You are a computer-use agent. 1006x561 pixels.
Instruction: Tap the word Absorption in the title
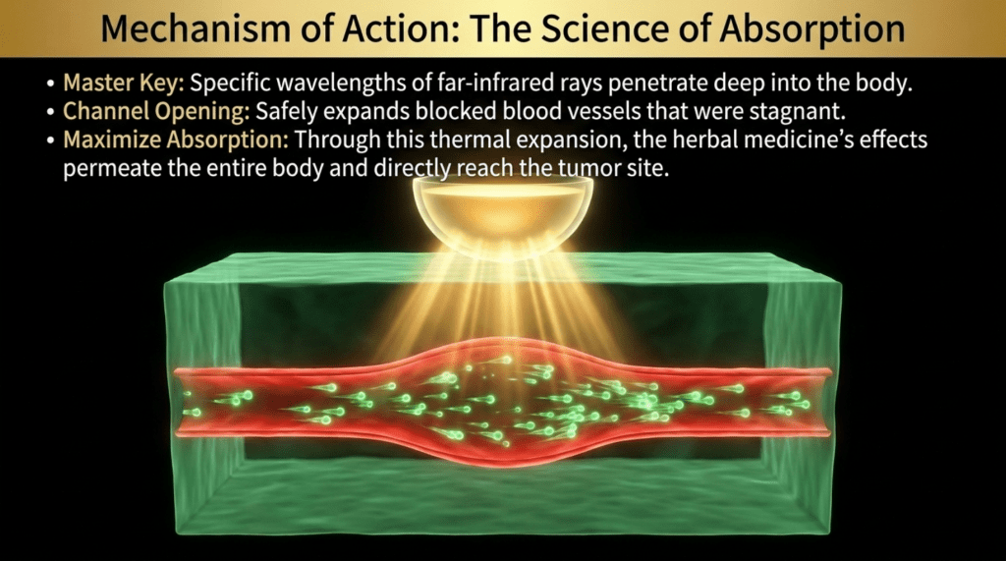(x=811, y=29)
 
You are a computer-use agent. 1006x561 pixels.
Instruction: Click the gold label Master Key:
(x=124, y=84)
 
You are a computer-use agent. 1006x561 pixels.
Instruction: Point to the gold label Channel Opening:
(x=156, y=112)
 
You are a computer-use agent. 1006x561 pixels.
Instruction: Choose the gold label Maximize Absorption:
(x=176, y=140)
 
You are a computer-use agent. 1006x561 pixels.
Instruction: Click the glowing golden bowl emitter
(x=503, y=214)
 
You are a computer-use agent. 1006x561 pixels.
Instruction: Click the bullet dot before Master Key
(x=51, y=84)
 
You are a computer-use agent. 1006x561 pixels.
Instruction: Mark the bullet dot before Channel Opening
(x=51, y=112)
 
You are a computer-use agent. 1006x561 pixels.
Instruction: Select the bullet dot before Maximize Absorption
(x=51, y=140)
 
